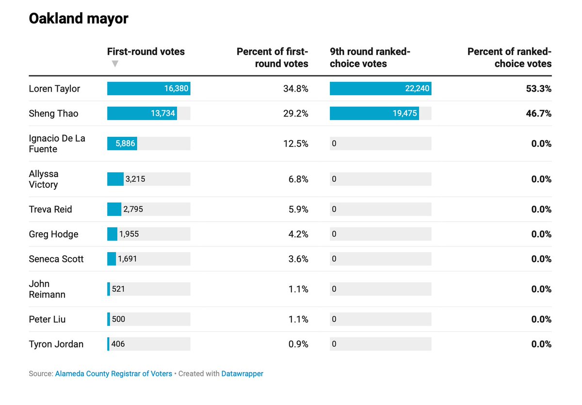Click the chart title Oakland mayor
click(79, 19)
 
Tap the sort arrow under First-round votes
click(115, 64)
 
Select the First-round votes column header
click(146, 51)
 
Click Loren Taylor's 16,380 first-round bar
click(148, 89)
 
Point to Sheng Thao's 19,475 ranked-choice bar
click(374, 113)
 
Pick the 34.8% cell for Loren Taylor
click(296, 89)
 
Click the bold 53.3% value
click(539, 89)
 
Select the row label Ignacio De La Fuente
click(57, 144)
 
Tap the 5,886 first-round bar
click(122, 144)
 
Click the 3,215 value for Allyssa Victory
click(135, 179)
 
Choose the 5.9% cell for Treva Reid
click(298, 210)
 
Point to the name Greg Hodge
click(53, 234)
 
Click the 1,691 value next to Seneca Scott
click(127, 259)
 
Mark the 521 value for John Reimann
click(118, 289)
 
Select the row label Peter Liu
click(47, 319)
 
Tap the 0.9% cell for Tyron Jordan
click(298, 344)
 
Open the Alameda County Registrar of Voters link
click(113, 373)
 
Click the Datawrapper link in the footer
click(242, 373)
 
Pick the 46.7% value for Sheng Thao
click(539, 113)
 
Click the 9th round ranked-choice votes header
click(370, 57)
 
